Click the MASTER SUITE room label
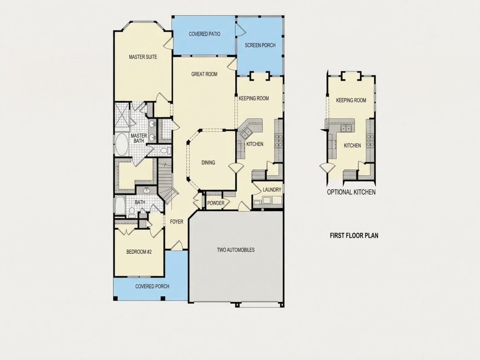[143, 57]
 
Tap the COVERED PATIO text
[205, 34]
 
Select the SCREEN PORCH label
[260, 45]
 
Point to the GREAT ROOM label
[205, 74]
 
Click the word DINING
[208, 163]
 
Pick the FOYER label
[177, 222]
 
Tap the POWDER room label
[216, 203]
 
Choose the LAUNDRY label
[272, 190]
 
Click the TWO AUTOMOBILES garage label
[236, 250]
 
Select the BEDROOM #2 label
[139, 252]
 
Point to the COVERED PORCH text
[152, 287]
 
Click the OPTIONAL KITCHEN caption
[351, 192]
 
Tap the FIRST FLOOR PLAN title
[354, 235]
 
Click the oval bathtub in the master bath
[122, 144]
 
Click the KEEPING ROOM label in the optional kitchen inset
[351, 100]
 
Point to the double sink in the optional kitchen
[346, 129]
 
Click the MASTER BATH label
[139, 138]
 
